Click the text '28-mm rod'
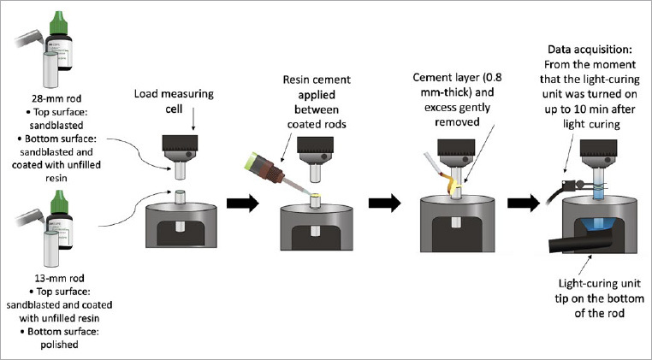56,99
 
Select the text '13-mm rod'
59,278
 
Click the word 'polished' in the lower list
59,345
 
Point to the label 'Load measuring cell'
174,101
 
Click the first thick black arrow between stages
243,204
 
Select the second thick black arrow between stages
385,204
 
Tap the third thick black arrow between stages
524,204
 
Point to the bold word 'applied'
317,95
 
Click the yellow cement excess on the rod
449,184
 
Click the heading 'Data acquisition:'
590,50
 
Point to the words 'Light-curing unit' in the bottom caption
599,284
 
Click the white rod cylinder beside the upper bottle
50,69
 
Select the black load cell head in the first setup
179,144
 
